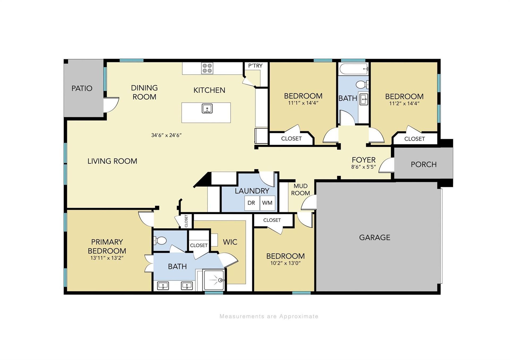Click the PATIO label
pos(82,88)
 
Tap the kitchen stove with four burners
pos(207,68)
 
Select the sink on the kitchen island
pos(207,109)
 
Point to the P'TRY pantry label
pos(255,66)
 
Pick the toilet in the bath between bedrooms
pos(362,85)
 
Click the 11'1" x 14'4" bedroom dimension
pos(303,103)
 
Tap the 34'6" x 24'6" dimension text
pos(166,135)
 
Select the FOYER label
pos(364,160)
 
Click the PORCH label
pos(424,165)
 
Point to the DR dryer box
pos(252,203)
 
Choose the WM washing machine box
pos(267,203)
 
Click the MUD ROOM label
pos(300,190)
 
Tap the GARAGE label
pos(375,237)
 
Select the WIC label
pos(230,242)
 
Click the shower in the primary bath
pos(214,280)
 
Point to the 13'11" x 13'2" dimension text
pos(107,258)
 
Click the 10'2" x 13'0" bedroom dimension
pos(285,263)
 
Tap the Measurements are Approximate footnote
pos(269,316)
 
